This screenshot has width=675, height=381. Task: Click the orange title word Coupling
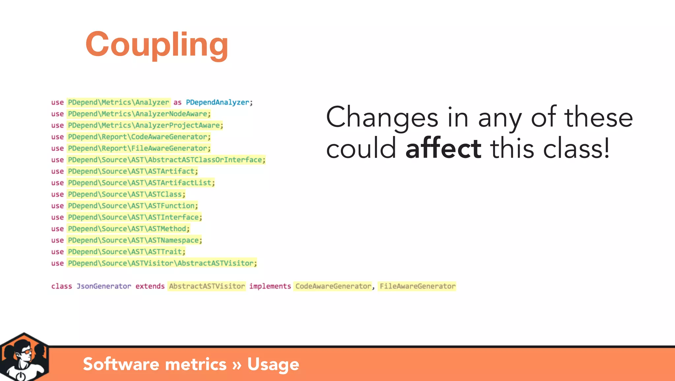[x=157, y=44]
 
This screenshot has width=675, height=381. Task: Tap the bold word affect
[x=443, y=149]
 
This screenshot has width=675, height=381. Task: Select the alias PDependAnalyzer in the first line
[x=218, y=102]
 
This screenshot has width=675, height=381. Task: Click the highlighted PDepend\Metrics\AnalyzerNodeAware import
[x=138, y=114]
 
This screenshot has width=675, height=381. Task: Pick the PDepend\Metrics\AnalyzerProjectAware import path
[x=144, y=125]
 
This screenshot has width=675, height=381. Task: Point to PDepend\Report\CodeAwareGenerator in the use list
[x=138, y=137]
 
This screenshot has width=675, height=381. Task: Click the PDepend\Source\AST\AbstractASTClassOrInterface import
[x=165, y=160]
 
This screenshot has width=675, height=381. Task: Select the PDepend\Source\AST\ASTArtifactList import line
[x=140, y=183]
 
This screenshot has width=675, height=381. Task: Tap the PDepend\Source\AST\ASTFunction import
[x=132, y=206]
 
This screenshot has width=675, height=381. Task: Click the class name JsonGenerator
[x=104, y=286]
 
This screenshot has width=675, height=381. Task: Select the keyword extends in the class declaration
[x=150, y=286]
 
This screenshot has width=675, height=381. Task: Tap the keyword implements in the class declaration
[x=270, y=286]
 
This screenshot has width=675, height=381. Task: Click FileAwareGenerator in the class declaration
[x=417, y=286]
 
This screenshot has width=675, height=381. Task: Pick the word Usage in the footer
[x=273, y=364]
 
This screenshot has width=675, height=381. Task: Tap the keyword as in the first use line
[x=177, y=102]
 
